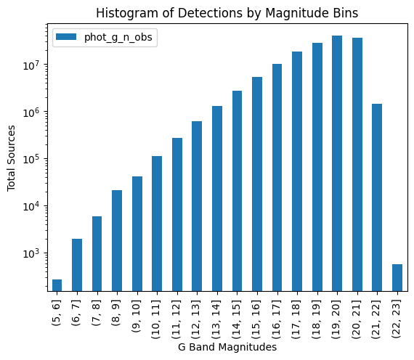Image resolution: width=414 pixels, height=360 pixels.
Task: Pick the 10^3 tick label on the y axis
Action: (x=34, y=253)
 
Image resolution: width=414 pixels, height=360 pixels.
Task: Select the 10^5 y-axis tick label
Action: (x=34, y=159)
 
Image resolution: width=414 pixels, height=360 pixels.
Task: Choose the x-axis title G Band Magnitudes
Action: (x=227, y=348)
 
